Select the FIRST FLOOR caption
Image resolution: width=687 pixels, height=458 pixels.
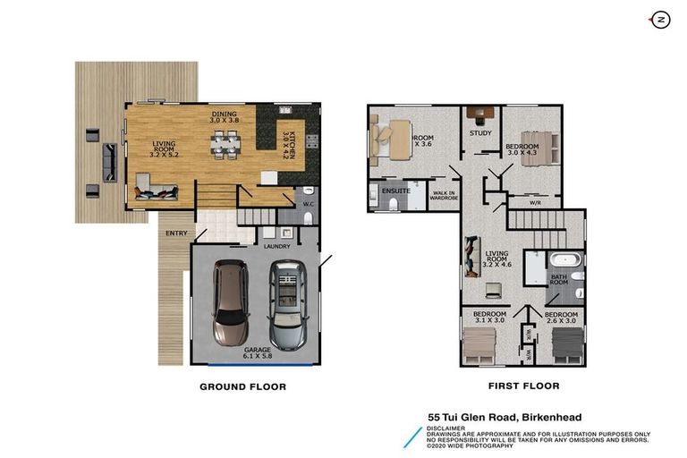click(524, 386)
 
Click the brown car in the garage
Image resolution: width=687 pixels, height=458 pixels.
click(230, 302)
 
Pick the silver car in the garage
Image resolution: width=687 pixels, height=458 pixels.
click(287, 304)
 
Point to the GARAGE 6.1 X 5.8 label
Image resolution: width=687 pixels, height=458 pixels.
click(259, 352)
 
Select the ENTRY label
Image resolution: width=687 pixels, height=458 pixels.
click(174, 234)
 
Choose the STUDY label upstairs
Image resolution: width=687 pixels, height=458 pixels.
click(481, 134)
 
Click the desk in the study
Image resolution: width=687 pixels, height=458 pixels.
click(481, 114)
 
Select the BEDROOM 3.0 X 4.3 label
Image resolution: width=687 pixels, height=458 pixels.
click(522, 149)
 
